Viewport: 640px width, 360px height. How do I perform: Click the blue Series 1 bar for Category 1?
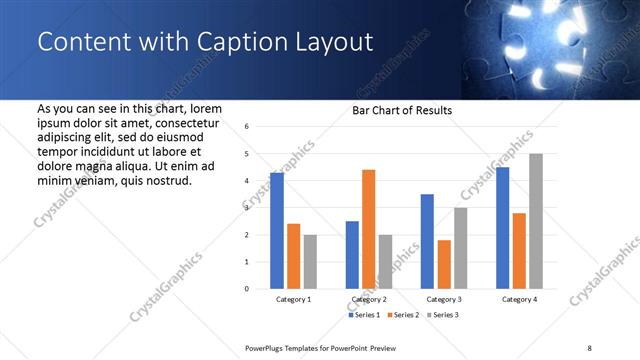tap(277, 231)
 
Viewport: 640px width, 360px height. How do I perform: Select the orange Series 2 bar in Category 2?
tap(368, 229)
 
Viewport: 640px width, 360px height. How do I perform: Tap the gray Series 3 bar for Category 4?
tap(536, 221)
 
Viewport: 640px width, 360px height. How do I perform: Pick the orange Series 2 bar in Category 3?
tap(444, 264)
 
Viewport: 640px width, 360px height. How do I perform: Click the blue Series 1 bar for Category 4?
tap(502, 228)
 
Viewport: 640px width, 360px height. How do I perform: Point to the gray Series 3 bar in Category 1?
tap(310, 262)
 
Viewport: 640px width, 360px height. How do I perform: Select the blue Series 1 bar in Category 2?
tap(352, 255)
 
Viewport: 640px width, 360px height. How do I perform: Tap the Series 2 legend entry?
tap(403, 316)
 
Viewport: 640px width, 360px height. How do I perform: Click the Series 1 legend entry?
tap(363, 316)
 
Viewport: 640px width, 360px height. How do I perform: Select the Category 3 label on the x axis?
tap(444, 300)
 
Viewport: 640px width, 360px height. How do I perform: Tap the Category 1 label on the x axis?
tap(293, 300)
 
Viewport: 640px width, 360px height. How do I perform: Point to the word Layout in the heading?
tap(326, 42)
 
